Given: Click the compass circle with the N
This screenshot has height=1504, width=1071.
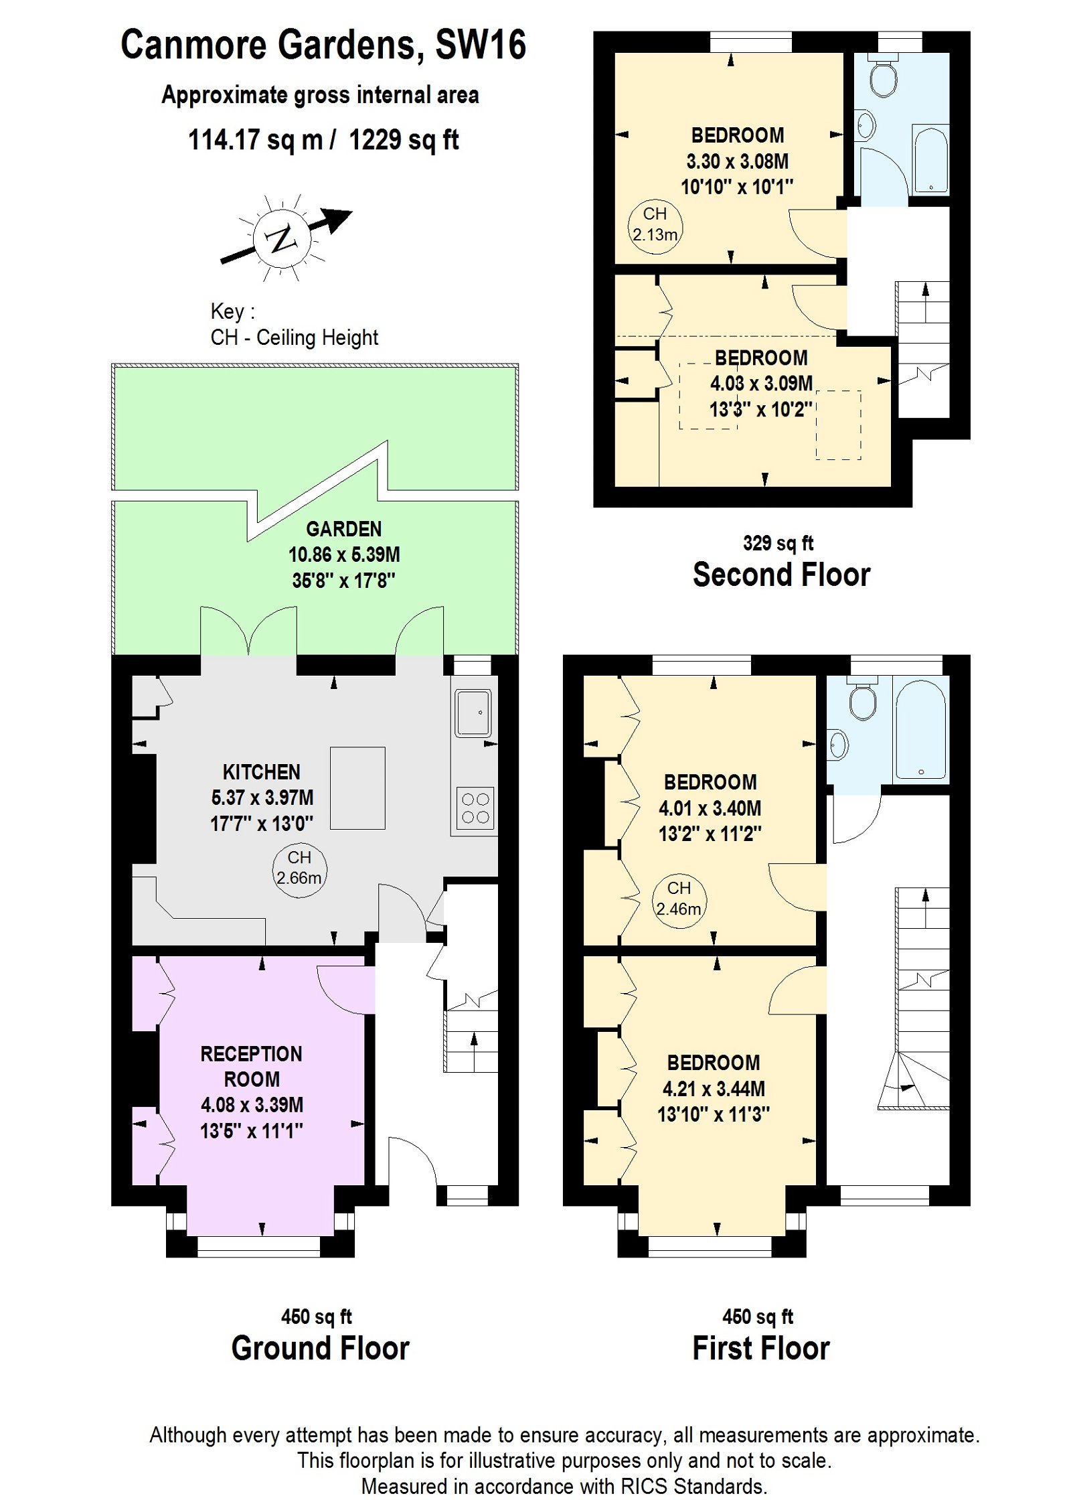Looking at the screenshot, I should point(281,238).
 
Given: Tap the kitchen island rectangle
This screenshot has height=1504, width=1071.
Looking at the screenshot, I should point(357,787).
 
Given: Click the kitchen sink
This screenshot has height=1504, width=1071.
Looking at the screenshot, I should point(473,712).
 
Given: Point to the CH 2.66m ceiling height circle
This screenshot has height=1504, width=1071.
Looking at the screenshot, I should point(299,868).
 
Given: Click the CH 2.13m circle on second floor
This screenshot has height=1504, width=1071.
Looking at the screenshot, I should point(655,225).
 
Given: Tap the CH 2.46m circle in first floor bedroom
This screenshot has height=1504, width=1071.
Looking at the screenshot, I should point(678,899).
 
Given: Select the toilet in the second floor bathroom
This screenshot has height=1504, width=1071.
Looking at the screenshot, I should point(883,78).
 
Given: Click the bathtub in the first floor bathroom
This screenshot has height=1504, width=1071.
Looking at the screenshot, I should point(920,729).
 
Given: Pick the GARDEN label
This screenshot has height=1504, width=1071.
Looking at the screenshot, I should point(343,529).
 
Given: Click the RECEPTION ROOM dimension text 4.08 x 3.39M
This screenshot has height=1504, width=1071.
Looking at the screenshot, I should point(252,1104).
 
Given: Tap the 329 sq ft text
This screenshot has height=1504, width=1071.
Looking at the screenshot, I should point(777,543).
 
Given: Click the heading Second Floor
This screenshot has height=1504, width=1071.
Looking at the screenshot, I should point(780,575).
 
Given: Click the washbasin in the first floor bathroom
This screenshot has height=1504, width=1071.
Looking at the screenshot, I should point(837,744).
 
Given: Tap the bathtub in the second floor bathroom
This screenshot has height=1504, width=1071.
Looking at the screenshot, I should point(930,159).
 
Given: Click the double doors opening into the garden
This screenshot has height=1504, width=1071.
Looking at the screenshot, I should point(248,631).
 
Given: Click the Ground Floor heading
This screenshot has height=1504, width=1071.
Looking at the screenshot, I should point(320,1347).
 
